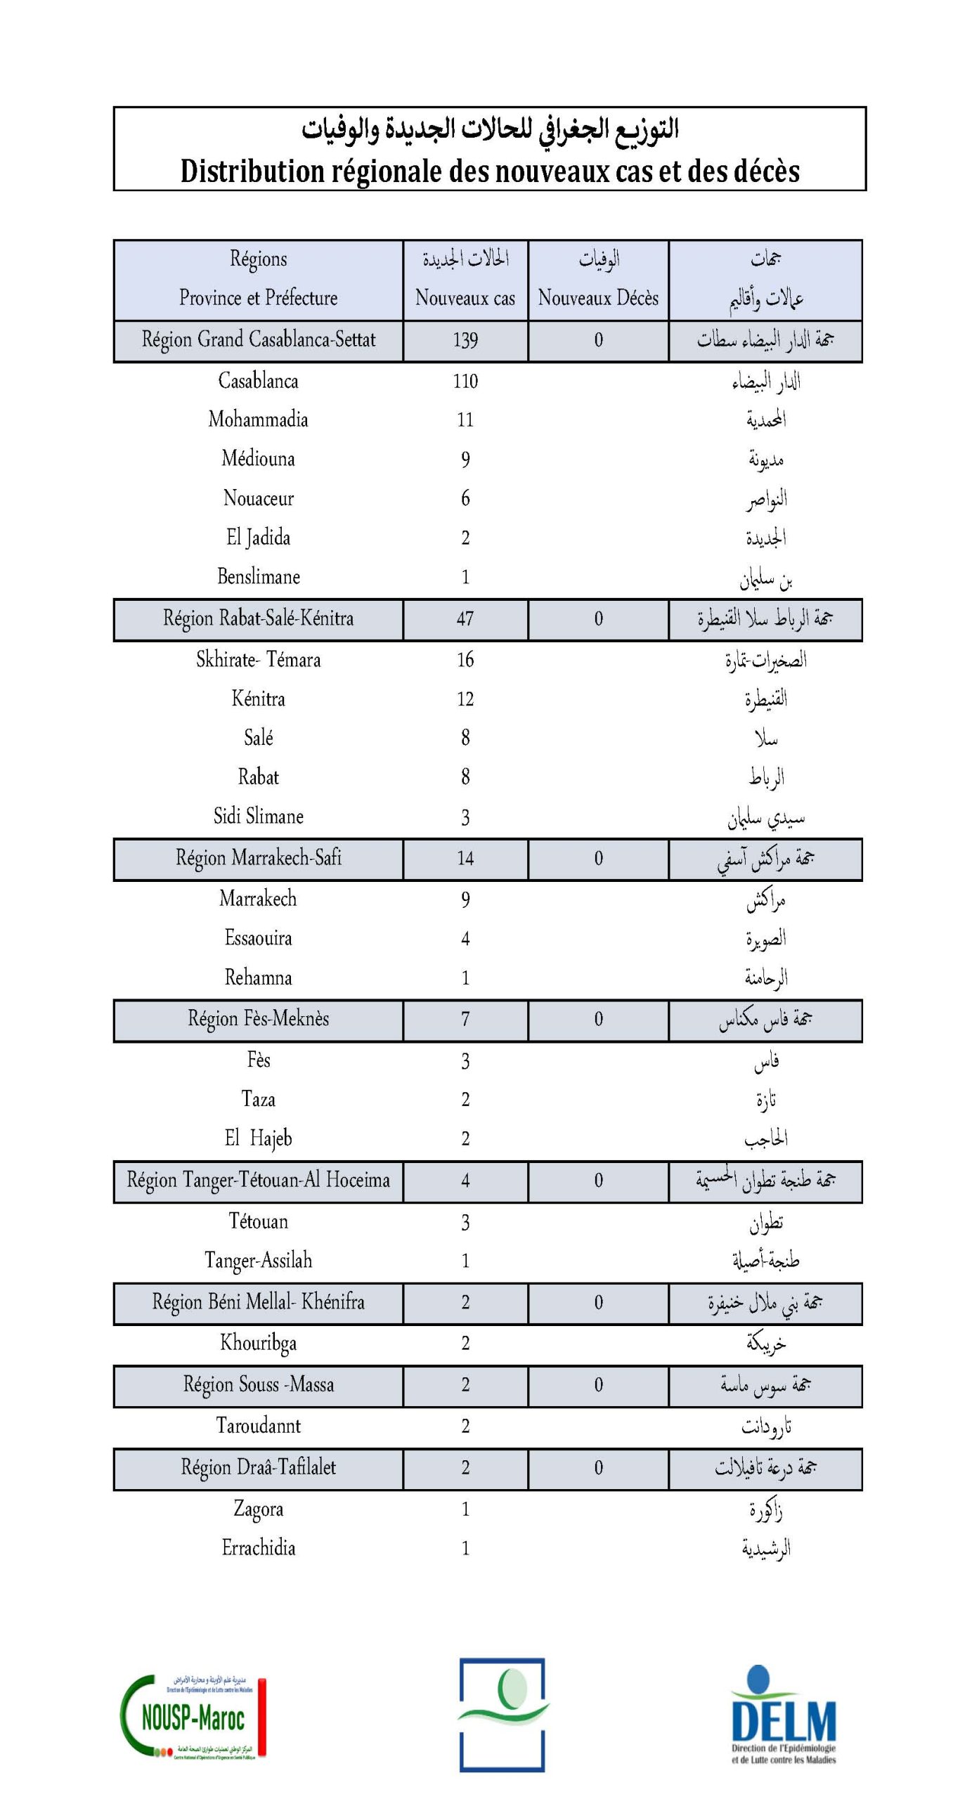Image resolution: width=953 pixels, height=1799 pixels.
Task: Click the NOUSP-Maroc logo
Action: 193,1717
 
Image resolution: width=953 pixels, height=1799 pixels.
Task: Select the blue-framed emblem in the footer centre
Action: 503,1715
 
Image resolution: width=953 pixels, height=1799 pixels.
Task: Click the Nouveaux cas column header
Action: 465,298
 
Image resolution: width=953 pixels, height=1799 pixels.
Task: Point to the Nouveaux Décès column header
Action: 598,298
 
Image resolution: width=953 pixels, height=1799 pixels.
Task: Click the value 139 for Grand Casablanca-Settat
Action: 465,340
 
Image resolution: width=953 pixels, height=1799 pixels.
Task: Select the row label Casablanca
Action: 258,381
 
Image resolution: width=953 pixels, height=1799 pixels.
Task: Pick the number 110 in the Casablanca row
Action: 465,381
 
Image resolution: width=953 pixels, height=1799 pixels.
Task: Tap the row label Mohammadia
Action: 258,420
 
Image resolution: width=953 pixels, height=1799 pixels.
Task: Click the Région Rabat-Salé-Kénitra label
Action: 258,618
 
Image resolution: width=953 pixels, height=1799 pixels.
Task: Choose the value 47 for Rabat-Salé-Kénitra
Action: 465,619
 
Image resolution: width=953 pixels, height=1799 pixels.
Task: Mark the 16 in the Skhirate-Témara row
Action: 465,659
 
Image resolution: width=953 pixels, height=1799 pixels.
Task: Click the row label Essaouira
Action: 258,937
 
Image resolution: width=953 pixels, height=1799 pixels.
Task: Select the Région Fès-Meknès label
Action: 258,1019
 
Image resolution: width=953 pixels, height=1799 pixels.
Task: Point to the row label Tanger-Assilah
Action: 258,1260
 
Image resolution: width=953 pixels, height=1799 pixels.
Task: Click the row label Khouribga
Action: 258,1342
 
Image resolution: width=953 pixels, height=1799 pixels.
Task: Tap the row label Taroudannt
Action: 258,1425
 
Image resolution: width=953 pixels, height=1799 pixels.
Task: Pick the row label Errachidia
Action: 258,1547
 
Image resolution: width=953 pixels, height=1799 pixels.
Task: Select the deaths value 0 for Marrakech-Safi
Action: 598,858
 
